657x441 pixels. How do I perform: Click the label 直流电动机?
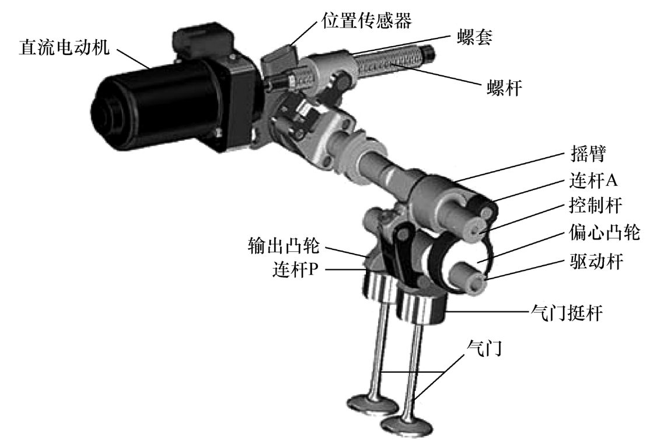pyautogui.click(x=64, y=47)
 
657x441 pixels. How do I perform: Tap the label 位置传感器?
pyautogui.click(x=366, y=20)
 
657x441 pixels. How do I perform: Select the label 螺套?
pyautogui.click(x=474, y=37)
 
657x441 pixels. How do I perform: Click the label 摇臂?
pyautogui.click(x=588, y=154)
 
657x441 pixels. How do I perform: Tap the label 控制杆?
pyautogui.click(x=595, y=206)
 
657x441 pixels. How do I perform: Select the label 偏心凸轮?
pyautogui.click(x=604, y=232)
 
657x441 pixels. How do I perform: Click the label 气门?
pyautogui.click(x=484, y=348)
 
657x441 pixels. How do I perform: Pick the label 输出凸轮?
pyautogui.click(x=284, y=245)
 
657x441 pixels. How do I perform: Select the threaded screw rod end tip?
pyautogui.click(x=428, y=53)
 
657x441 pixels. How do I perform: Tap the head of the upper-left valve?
pyautogui.click(x=373, y=404)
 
